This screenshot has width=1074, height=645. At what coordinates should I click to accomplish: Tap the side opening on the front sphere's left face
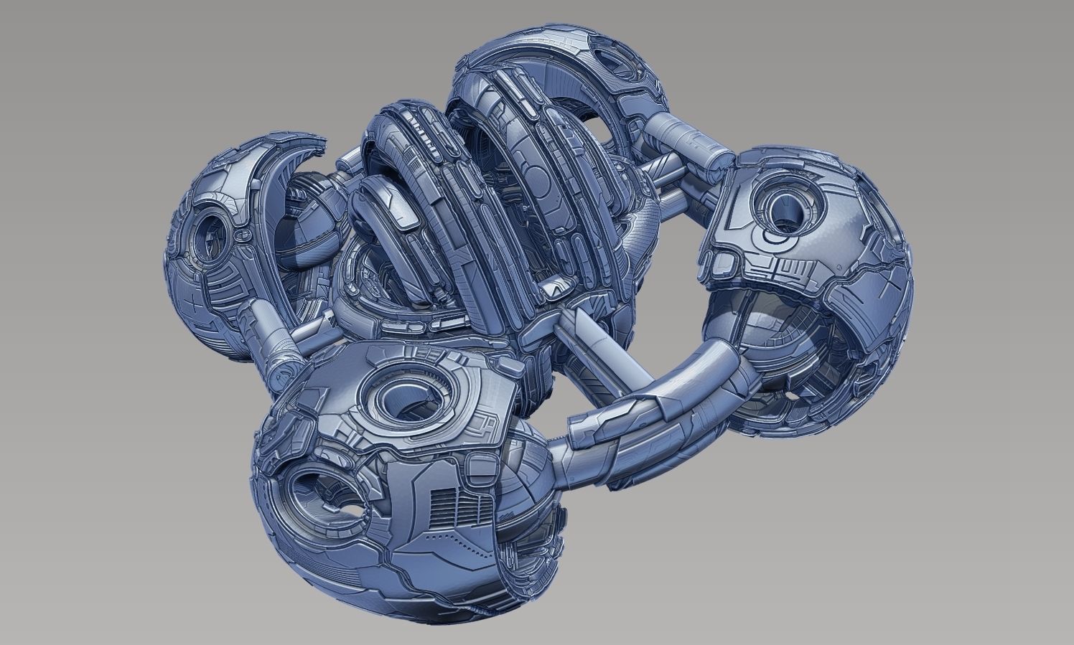click(317, 494)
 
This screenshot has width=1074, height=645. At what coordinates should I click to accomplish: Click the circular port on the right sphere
click(788, 209)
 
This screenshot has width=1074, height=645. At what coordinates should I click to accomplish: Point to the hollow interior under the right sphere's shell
click(775, 337)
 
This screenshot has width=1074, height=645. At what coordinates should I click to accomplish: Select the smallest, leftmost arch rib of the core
click(380, 215)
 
